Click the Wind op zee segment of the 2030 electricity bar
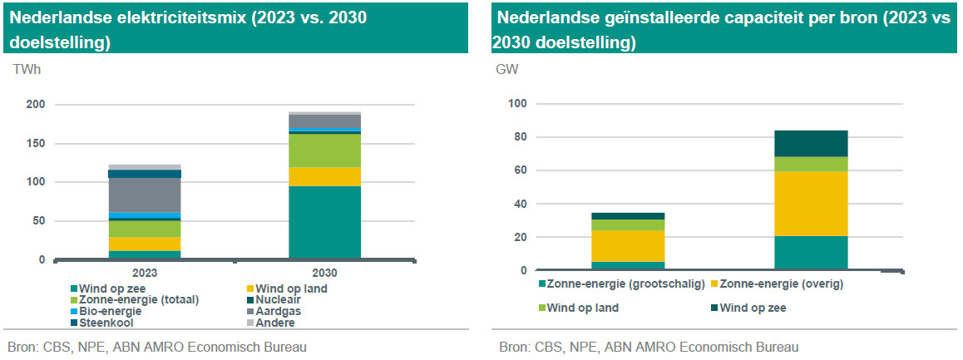click(x=324, y=221)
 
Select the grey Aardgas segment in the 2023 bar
click(x=145, y=195)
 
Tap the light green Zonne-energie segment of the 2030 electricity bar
click(x=324, y=150)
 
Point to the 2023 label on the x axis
click(x=145, y=272)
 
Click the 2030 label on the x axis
click(x=324, y=272)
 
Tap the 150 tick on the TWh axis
click(x=35, y=143)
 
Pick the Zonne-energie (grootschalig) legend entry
click(x=624, y=284)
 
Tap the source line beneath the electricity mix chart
click(x=156, y=347)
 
